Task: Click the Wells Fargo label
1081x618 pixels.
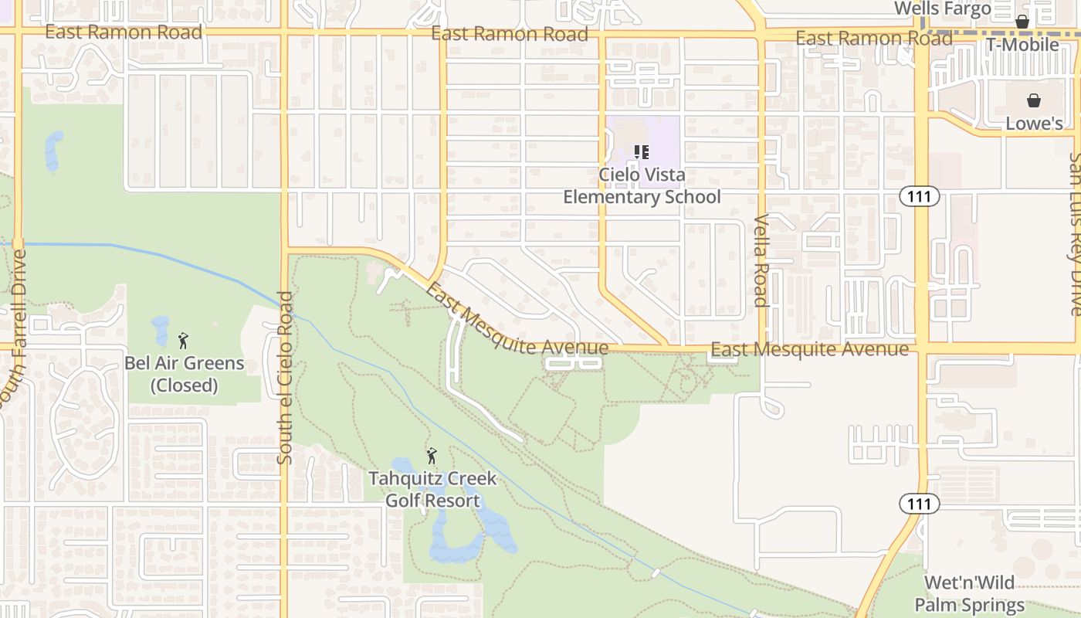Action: [x=942, y=9]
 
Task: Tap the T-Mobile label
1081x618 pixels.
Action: [x=1022, y=45]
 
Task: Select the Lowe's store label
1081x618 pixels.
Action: [x=1034, y=124]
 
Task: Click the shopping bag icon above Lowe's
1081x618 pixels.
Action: [x=1034, y=100]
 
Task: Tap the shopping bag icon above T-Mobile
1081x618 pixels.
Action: [x=1022, y=22]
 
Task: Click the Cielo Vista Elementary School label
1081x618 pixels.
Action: [x=642, y=186]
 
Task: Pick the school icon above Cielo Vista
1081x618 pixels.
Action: [x=641, y=152]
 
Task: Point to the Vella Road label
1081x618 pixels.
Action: [x=762, y=260]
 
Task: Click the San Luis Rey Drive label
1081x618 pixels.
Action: [x=1075, y=233]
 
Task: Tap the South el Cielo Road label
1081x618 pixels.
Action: [x=285, y=378]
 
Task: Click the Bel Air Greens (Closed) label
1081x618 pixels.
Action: [x=185, y=374]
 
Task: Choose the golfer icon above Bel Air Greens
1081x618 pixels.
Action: [x=184, y=340]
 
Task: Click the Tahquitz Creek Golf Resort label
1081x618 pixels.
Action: [x=432, y=489]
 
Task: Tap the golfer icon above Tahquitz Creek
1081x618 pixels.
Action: [x=432, y=456]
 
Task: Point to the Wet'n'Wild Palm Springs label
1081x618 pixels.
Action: [x=970, y=593]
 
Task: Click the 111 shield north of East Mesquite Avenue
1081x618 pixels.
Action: [x=920, y=196]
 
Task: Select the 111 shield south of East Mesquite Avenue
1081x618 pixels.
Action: [x=920, y=504]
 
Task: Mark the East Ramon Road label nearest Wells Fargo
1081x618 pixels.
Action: [x=874, y=38]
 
